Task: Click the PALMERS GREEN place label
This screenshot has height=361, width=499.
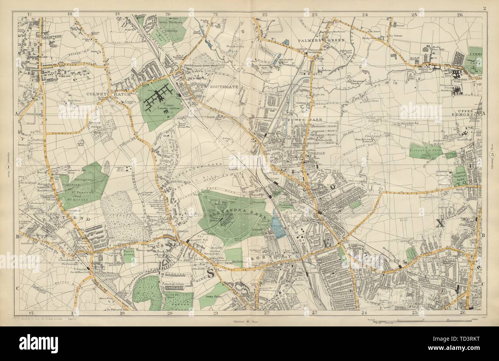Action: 326,40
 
